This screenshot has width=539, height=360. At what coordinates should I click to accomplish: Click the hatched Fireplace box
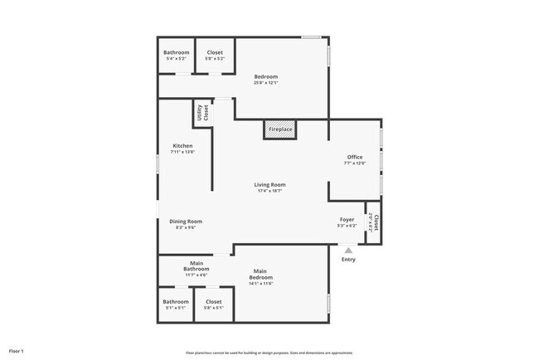coord(280,130)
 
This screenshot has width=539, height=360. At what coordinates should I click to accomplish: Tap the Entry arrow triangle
coord(348,248)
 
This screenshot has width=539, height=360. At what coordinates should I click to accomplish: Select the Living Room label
coord(269,185)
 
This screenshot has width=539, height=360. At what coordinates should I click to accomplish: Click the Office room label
coord(354,157)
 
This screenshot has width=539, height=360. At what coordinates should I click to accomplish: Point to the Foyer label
coord(347,220)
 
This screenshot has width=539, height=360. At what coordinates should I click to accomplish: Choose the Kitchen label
coord(182,146)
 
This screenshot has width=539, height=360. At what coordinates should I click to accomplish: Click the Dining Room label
coord(186,221)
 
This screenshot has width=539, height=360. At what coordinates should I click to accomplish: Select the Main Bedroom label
coord(261,275)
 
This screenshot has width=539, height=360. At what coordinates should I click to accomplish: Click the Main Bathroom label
coord(196,266)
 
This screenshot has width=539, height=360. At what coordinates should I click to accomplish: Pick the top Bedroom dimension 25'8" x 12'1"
coord(266,83)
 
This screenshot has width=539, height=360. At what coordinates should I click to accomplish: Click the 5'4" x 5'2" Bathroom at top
coord(176,56)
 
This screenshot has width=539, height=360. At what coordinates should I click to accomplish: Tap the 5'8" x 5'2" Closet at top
coord(214,56)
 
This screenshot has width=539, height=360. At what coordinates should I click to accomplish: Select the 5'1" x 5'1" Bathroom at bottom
coord(175,304)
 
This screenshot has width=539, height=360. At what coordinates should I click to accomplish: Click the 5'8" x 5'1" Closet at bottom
coord(213,304)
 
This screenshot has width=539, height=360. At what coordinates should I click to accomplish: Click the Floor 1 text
coord(17,352)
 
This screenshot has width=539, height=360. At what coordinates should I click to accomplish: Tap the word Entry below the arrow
coord(348,260)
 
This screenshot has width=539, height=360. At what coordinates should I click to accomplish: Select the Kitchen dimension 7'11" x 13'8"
coord(182,152)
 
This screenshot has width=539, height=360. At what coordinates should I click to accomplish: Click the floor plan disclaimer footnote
coord(269,353)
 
